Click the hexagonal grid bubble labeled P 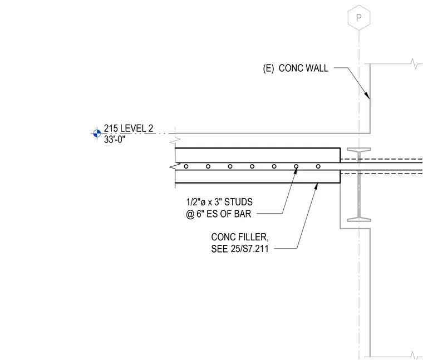[359, 17]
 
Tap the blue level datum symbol [97, 133]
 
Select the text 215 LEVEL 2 [129, 128]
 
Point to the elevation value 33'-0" [115, 140]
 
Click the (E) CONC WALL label [296, 68]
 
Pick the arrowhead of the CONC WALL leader [367, 95]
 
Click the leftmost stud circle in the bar [186, 166]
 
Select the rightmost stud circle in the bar [318, 166]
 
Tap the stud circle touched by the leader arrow [296, 166]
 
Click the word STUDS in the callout [238, 202]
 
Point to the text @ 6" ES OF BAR [219, 214]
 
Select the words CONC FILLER [240, 237]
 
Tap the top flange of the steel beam [359, 149]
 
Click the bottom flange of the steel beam [359, 220]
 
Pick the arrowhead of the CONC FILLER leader [316, 186]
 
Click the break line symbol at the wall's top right [414, 64]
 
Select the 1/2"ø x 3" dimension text [204, 202]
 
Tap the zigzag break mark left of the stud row [175, 166]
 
